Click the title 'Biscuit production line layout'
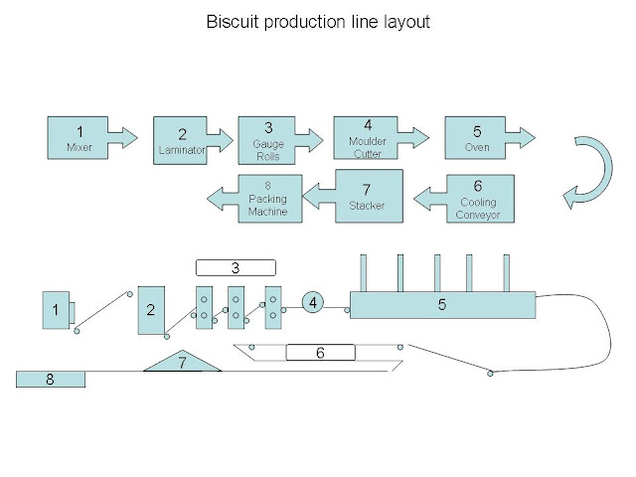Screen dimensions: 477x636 coord(317,21)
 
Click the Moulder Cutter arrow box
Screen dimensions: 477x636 coord(369,138)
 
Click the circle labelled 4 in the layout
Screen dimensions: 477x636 coord(313,301)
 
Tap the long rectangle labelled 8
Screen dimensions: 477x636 coord(50,379)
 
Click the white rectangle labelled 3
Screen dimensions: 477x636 coord(235,267)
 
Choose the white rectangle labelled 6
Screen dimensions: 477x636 coord(320,352)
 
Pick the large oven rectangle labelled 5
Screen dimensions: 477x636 coord(442,305)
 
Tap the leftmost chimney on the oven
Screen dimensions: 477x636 coord(364,273)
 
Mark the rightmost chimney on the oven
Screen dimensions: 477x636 coord(506,273)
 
